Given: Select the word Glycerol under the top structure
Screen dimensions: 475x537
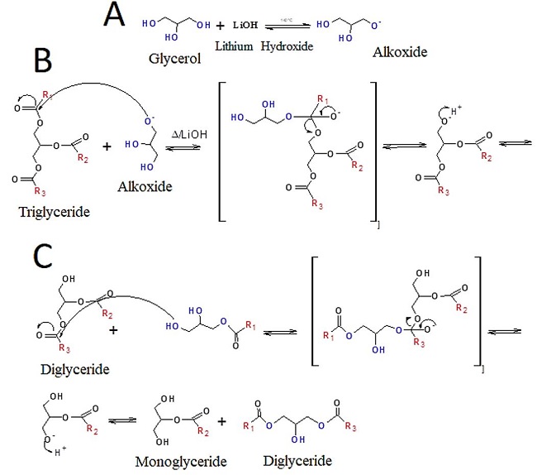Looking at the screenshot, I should [x=174, y=59].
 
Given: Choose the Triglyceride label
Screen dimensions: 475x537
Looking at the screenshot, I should [x=52, y=211].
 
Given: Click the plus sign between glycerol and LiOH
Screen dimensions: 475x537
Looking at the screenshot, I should [x=221, y=26].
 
